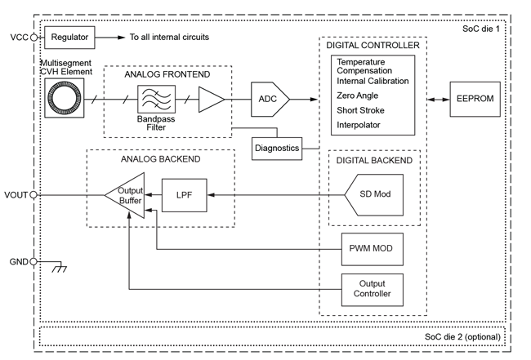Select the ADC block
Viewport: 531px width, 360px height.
pos(267,100)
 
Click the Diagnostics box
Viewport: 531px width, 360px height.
pos(276,147)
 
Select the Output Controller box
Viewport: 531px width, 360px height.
pos(372,288)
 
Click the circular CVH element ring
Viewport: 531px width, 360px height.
pos(63,100)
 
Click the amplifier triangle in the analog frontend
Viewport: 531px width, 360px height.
pos(211,100)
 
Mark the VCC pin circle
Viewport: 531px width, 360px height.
pos(34,38)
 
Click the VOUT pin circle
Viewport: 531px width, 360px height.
pos(34,195)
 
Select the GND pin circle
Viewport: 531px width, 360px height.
pos(34,262)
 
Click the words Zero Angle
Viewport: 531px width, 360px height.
pos(359,96)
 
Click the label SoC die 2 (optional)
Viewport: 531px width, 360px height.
pos(463,337)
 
